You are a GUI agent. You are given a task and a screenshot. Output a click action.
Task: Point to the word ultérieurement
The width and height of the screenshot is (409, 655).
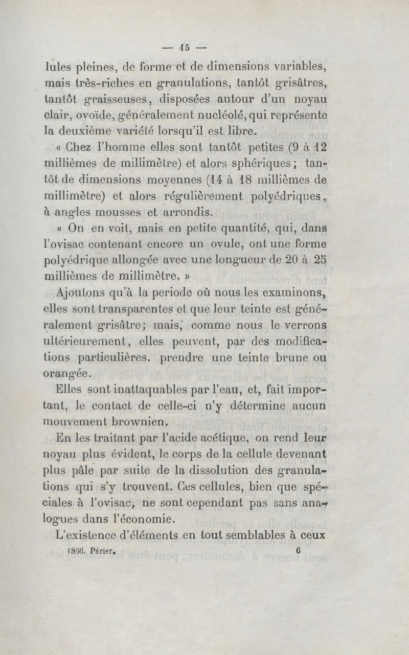84,341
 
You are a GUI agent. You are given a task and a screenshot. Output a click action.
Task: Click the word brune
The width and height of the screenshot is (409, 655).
285,358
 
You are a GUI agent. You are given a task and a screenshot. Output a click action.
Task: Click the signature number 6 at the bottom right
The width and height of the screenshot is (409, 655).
299,551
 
